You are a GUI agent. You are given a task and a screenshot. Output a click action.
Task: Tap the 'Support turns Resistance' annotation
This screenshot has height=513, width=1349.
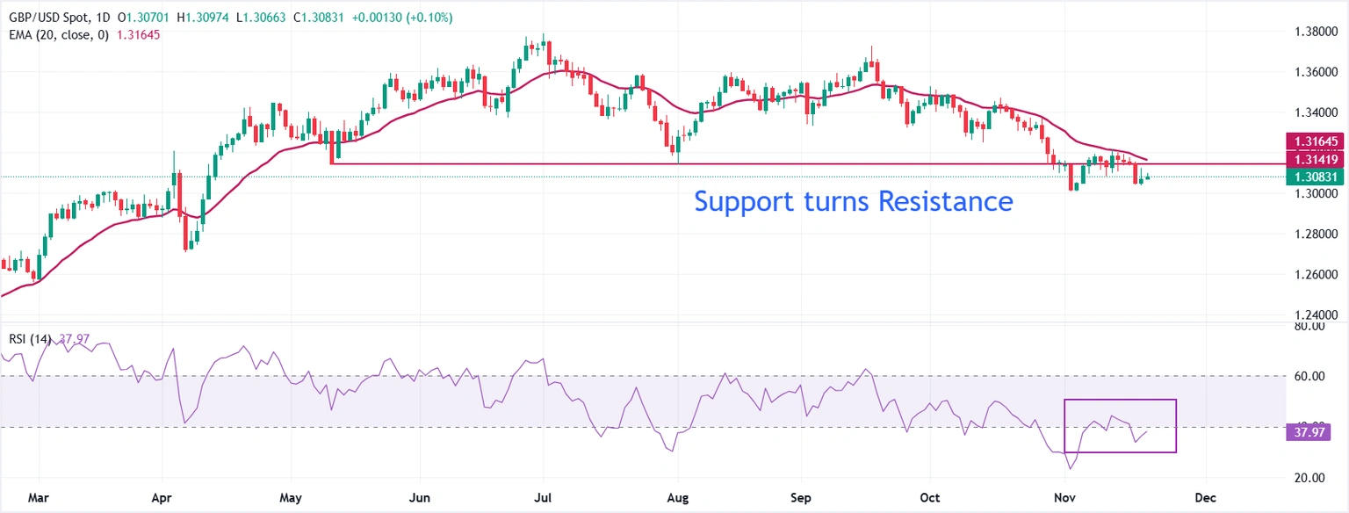(x=853, y=201)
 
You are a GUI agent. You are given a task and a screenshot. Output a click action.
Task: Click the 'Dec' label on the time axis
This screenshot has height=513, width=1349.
(x=1205, y=498)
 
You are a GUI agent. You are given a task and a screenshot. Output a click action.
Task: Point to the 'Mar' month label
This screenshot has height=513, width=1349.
(x=38, y=498)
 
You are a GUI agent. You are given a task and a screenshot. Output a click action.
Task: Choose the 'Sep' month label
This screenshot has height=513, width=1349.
(x=801, y=498)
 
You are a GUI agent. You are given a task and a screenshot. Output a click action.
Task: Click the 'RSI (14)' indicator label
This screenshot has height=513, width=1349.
(x=27, y=339)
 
